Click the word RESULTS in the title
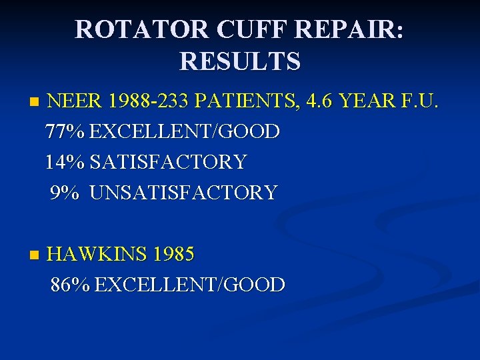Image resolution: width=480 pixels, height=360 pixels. (x=240, y=61)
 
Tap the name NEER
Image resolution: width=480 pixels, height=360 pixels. (x=75, y=102)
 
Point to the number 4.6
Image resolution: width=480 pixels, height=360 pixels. (x=321, y=102)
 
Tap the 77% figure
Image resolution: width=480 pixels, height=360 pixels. (x=65, y=132)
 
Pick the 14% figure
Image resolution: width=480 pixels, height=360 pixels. (x=65, y=162)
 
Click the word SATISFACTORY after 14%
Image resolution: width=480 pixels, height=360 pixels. (x=168, y=162)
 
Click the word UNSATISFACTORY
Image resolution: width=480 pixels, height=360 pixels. (x=183, y=193)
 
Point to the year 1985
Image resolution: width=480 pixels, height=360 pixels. (x=173, y=254)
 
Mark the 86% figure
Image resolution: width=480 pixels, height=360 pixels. (x=70, y=285)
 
